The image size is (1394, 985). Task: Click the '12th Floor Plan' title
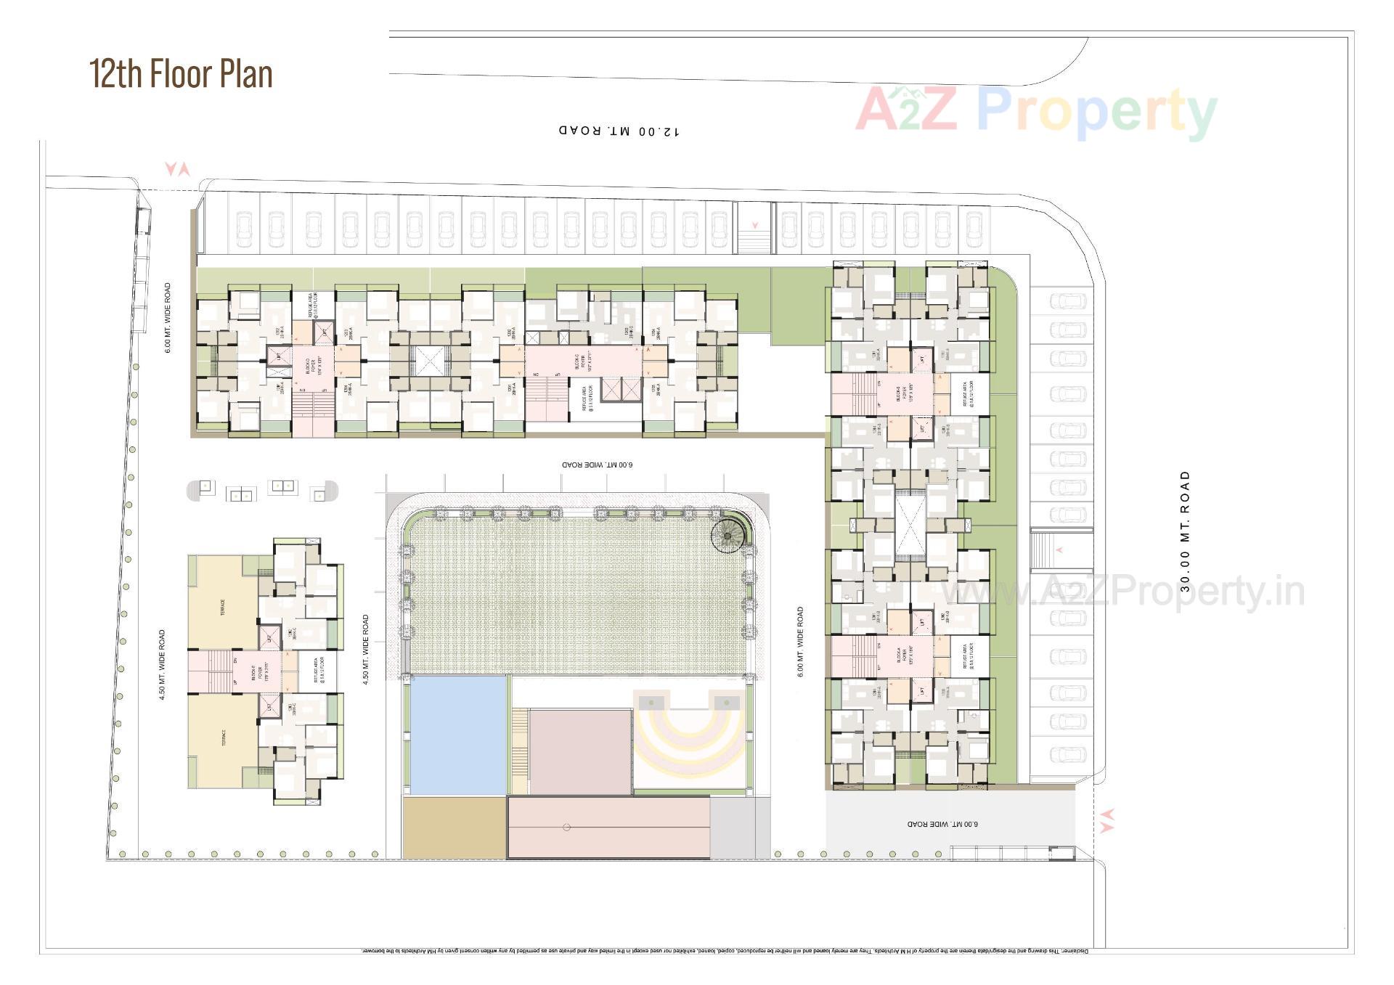coord(181,74)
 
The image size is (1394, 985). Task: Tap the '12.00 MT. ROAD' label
coord(619,131)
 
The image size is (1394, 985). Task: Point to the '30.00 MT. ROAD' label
coord(1185,531)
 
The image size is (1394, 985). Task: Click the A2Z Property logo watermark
coord(1036,112)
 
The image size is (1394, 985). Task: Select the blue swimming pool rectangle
coord(458,735)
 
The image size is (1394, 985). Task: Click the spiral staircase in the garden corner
coord(727,538)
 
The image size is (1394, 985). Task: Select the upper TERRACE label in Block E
coord(222,607)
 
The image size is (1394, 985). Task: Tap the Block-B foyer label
coord(902,394)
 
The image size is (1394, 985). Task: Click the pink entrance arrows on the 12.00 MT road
coord(177,169)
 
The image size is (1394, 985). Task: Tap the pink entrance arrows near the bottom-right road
coord(1106,820)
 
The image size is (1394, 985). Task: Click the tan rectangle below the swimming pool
coord(453,827)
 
